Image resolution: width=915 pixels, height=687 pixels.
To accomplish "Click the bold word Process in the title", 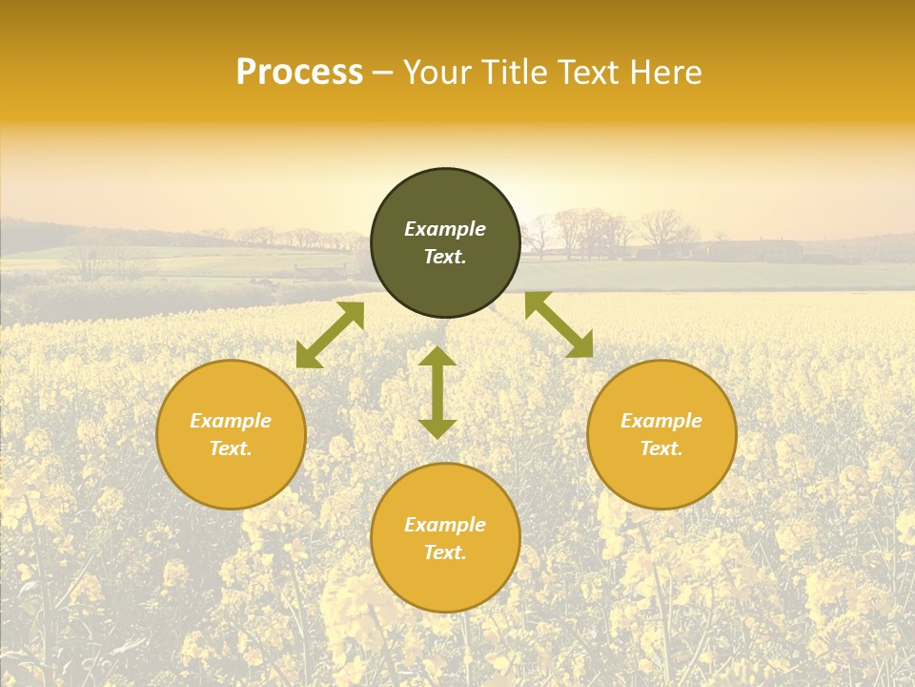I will pyautogui.click(x=299, y=73).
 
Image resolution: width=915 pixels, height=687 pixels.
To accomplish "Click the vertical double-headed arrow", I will pyautogui.click(x=437, y=392).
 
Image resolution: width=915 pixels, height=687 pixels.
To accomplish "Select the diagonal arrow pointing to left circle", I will pyautogui.click(x=330, y=335).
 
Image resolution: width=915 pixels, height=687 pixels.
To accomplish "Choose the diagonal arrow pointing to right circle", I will pyautogui.click(x=559, y=324).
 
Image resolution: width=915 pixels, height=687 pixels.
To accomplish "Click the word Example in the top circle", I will pyautogui.click(x=445, y=229).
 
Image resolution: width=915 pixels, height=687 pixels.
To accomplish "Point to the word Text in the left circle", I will pyautogui.click(x=231, y=448).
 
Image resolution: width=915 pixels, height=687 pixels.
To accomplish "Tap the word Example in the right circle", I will pyautogui.click(x=661, y=421).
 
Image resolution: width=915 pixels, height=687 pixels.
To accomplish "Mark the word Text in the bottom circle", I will pyautogui.click(x=445, y=552).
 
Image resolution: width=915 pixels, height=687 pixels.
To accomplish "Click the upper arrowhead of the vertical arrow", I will pyautogui.click(x=437, y=357).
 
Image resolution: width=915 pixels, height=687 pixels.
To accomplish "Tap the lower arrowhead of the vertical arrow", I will pyautogui.click(x=437, y=428).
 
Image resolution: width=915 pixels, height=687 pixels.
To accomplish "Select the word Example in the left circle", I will pyautogui.click(x=231, y=421).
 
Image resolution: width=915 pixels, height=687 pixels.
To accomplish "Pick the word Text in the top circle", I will pyautogui.click(x=445, y=257).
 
